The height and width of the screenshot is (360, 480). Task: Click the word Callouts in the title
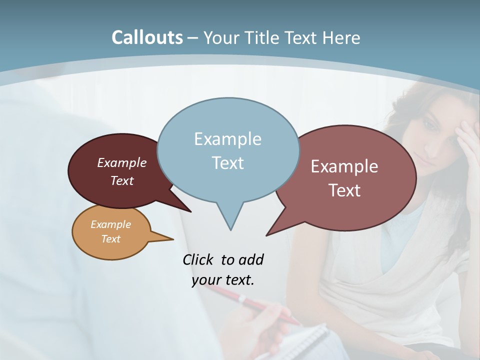[x=147, y=37]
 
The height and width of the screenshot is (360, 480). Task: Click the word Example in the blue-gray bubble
[x=227, y=139]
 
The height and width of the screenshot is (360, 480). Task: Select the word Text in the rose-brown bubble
[x=344, y=190]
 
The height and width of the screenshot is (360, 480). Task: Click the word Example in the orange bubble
[x=110, y=224]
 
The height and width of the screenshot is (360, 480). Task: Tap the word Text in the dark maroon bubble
[x=122, y=181]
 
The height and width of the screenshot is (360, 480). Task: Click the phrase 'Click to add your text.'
[x=223, y=269]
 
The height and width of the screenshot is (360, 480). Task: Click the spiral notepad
[x=300, y=342]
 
